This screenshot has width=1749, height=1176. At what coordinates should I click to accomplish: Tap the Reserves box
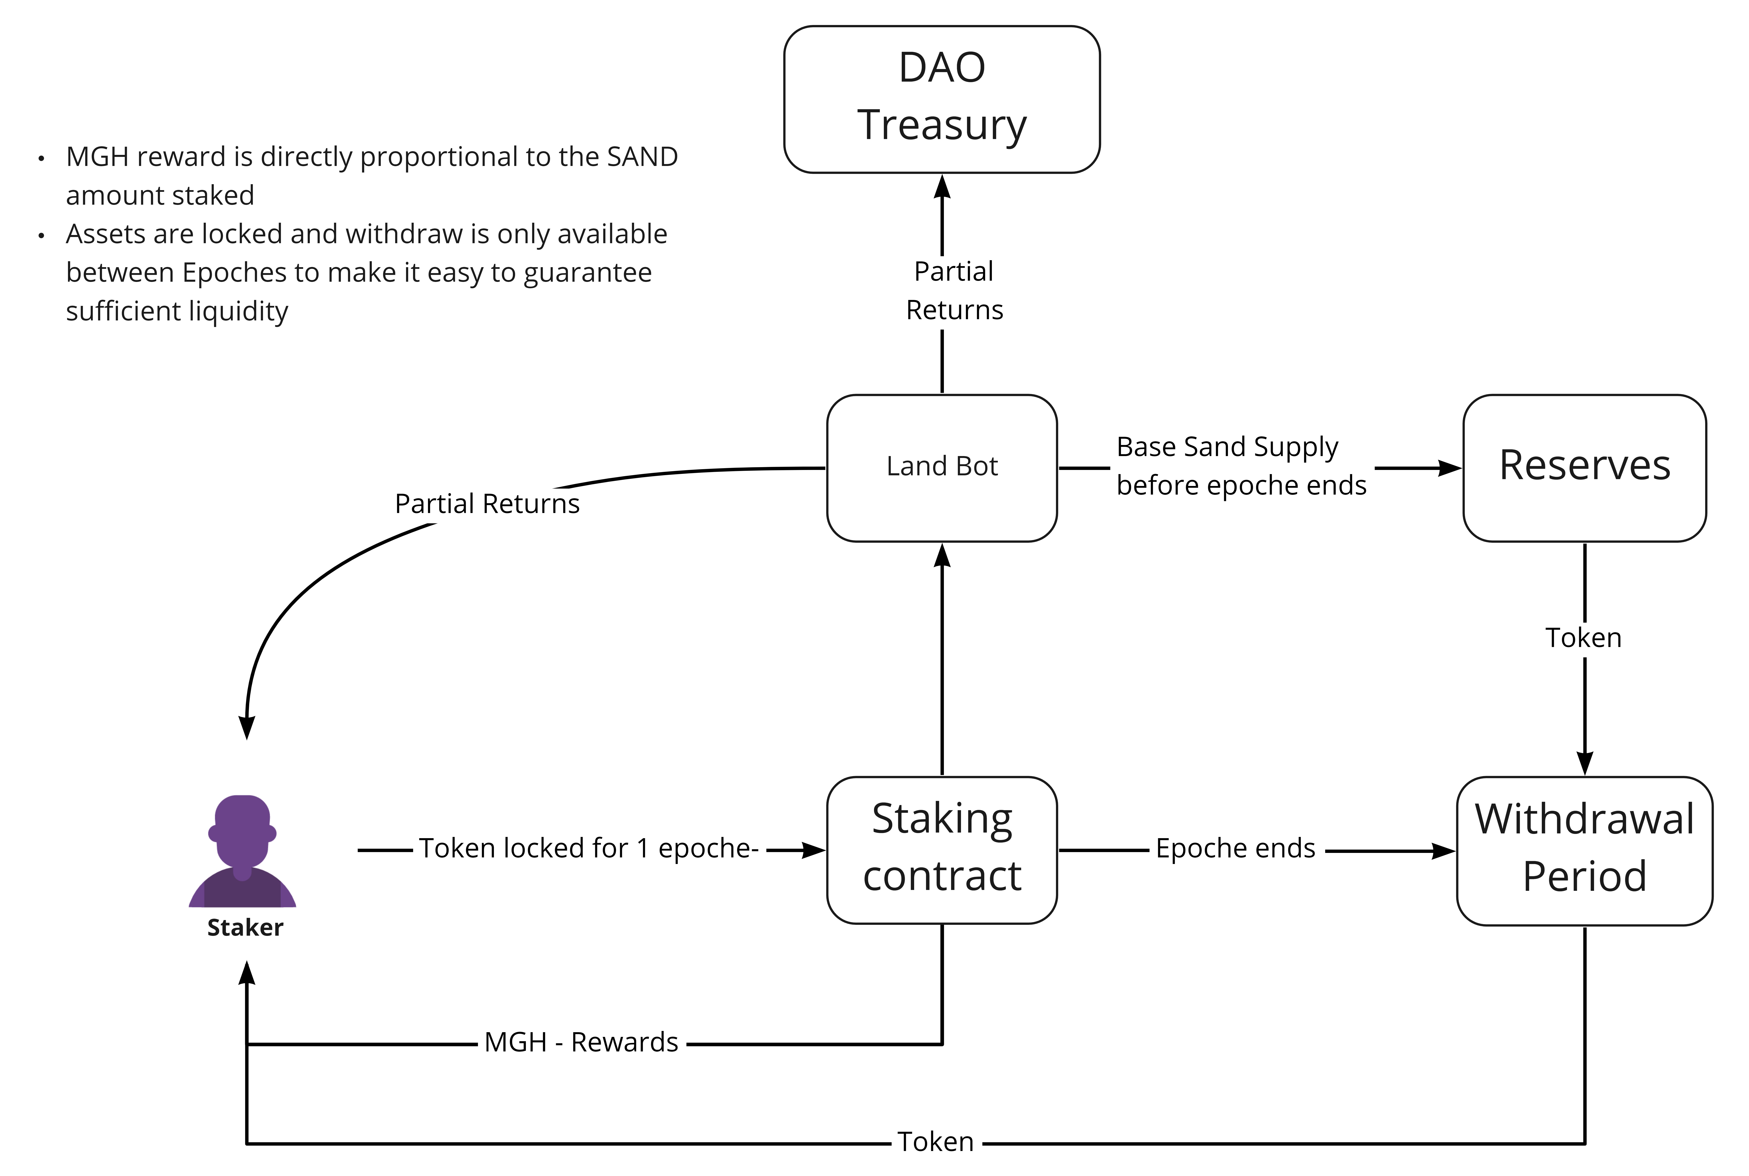(x=1585, y=468)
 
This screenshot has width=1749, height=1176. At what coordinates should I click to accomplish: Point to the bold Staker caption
(x=245, y=928)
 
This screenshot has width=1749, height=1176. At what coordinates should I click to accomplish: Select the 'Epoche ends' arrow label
(x=1235, y=848)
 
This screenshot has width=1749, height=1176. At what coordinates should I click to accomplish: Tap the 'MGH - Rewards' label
(x=581, y=1042)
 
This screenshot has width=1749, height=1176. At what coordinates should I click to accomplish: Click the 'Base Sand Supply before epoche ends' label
(x=1241, y=466)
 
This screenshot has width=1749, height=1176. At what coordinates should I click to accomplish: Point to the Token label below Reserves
(x=1583, y=638)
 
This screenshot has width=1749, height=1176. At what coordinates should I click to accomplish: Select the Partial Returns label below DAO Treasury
(x=954, y=290)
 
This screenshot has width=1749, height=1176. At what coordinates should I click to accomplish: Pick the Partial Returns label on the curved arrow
(x=488, y=503)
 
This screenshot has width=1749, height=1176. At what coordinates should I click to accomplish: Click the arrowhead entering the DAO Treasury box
(x=942, y=186)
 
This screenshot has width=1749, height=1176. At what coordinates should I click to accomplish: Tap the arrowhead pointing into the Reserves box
(x=1450, y=468)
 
